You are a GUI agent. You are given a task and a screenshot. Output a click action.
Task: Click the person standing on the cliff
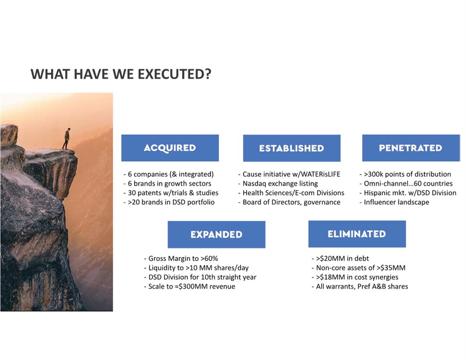click(66, 138)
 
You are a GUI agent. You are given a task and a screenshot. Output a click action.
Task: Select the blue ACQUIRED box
click(170, 148)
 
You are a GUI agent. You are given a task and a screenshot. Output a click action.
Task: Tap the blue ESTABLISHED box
click(291, 148)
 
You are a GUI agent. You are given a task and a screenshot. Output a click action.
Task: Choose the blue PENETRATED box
click(411, 148)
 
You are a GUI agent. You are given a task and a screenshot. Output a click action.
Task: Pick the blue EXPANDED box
click(216, 234)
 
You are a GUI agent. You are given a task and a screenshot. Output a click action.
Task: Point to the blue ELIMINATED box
click(357, 234)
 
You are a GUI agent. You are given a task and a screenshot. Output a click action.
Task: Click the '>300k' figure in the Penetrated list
click(374, 174)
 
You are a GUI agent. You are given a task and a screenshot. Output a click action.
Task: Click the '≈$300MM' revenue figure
click(191, 287)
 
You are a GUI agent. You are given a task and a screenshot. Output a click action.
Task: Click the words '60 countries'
click(433, 184)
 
